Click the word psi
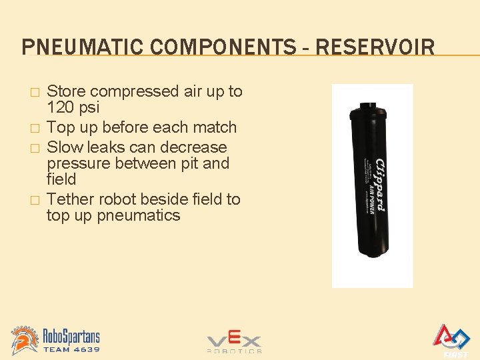[x=89, y=108]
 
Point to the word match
[x=215, y=127]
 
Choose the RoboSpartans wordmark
[x=72, y=335]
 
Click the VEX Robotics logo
[x=234, y=343]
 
